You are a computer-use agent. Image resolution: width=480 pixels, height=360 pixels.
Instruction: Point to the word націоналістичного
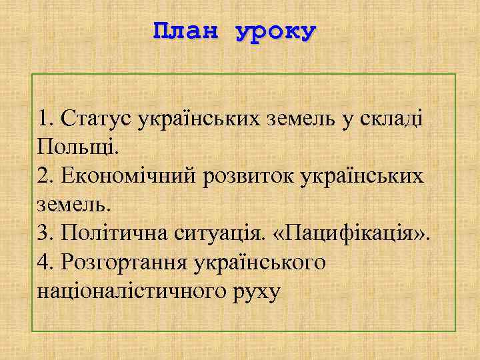click(x=139, y=292)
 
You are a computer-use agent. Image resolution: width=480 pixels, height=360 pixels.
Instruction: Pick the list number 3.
click(x=45, y=233)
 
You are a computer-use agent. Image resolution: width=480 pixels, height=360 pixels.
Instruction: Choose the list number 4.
click(x=45, y=263)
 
